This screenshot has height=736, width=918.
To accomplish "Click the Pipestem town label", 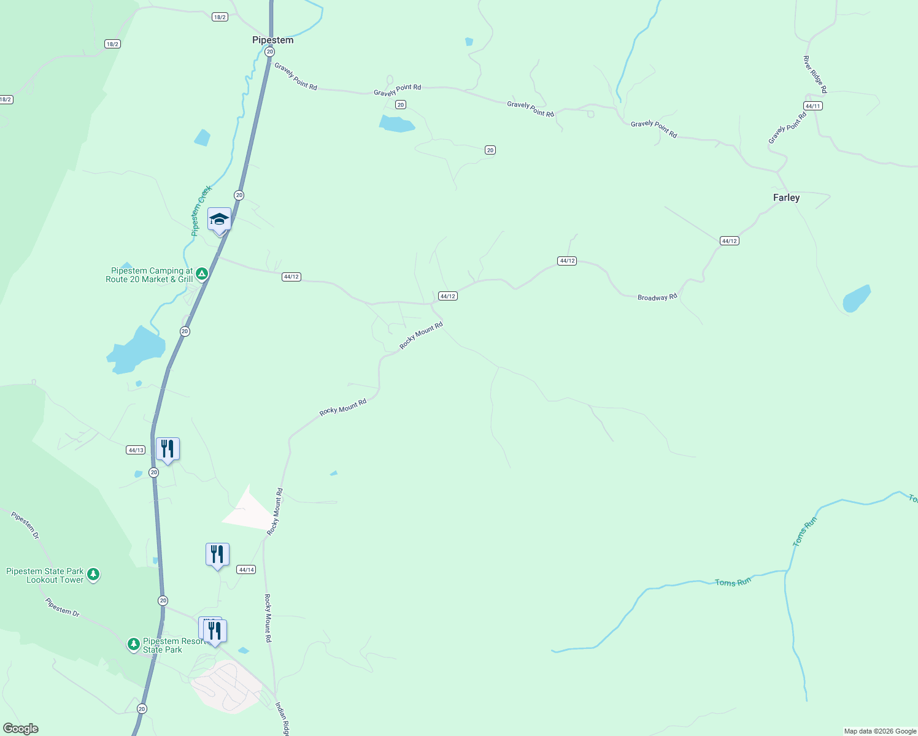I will click(272, 40).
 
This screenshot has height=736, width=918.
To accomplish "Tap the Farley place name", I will click(786, 197).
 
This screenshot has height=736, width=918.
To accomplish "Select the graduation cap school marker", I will click(219, 220).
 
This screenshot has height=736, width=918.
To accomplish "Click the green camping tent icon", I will click(202, 274).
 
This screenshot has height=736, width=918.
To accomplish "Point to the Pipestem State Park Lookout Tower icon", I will click(93, 575).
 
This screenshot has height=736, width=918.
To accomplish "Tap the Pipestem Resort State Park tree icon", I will click(133, 645).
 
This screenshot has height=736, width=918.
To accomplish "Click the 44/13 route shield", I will click(136, 450).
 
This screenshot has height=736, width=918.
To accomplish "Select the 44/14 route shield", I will click(246, 570).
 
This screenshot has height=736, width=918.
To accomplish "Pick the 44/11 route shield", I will click(813, 106).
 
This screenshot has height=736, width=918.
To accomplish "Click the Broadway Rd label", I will click(657, 297).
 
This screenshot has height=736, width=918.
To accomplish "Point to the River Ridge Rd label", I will click(815, 74).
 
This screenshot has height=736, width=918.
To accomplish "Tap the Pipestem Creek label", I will click(201, 210).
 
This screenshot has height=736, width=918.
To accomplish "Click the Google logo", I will click(21, 729).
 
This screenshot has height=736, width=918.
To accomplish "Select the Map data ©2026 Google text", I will click(879, 731).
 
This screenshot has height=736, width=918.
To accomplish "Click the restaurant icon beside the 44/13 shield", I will click(167, 449).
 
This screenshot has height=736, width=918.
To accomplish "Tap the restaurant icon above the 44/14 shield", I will click(217, 554).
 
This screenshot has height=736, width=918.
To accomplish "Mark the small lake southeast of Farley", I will click(856, 299).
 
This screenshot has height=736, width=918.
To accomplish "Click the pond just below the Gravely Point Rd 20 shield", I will click(396, 125).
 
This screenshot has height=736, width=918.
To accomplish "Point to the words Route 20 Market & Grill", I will click(149, 280).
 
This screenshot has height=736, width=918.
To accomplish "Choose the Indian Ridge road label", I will click(282, 719).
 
